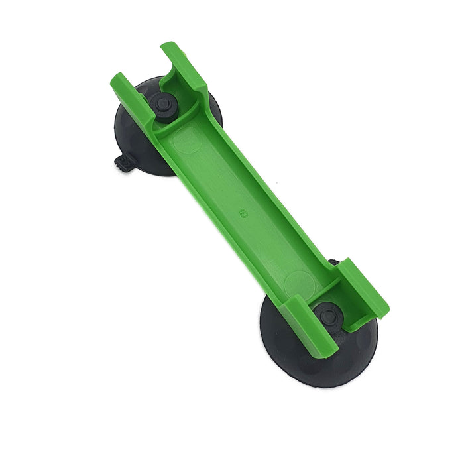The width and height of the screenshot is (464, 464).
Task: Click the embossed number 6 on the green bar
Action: coord(244,213)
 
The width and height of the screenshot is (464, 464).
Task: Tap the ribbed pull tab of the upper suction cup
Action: coord(123,164)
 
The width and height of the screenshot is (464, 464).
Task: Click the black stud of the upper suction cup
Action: coord(162,105)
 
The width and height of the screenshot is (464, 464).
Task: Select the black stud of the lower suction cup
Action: coord(329,316)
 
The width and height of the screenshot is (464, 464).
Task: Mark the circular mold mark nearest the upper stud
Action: coord(187,141)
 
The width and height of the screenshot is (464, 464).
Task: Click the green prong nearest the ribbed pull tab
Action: coord(132,97)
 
